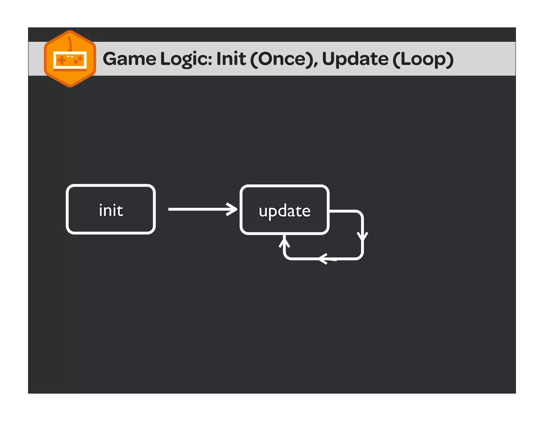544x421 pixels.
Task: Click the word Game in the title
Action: [x=129, y=59]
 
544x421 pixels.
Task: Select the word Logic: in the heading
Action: [x=186, y=59]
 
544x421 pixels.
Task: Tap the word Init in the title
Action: [x=231, y=59]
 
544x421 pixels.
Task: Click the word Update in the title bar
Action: [x=355, y=59]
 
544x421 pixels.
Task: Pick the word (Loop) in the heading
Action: [x=423, y=59]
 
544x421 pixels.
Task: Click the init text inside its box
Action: [x=111, y=210]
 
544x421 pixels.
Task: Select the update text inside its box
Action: [x=284, y=211]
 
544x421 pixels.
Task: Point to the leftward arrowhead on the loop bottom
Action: [x=324, y=259]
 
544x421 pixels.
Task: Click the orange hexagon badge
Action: [x=70, y=77]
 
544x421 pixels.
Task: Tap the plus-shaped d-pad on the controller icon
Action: [x=62, y=60]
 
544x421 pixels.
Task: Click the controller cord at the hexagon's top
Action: [x=70, y=43]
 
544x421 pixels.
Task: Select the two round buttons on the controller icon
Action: [x=78, y=60]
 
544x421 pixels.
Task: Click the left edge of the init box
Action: [x=67, y=209]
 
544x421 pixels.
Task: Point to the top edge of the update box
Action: [x=284, y=186]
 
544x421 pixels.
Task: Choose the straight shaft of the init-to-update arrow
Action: [x=197, y=209]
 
